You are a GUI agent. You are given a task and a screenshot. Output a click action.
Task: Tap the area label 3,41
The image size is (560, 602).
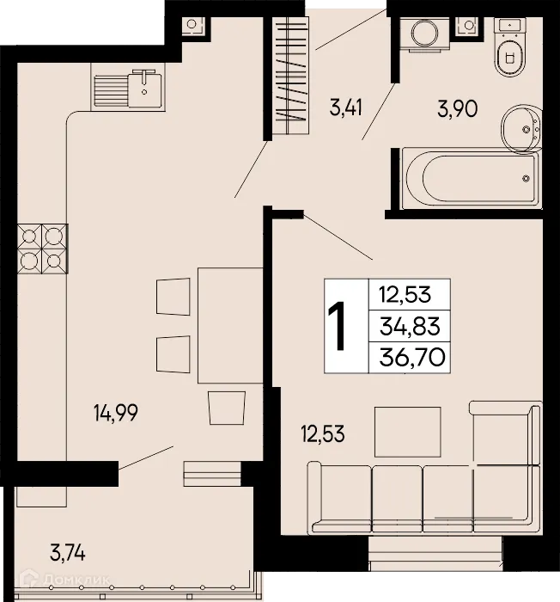(345, 108)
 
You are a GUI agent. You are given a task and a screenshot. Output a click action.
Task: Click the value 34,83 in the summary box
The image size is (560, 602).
(408, 326)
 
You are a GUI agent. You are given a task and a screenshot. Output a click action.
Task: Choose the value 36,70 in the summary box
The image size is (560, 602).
(408, 356)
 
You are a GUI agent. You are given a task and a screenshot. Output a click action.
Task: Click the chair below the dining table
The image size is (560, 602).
(227, 406)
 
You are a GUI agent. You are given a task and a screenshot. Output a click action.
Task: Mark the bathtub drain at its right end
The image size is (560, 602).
(526, 178)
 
